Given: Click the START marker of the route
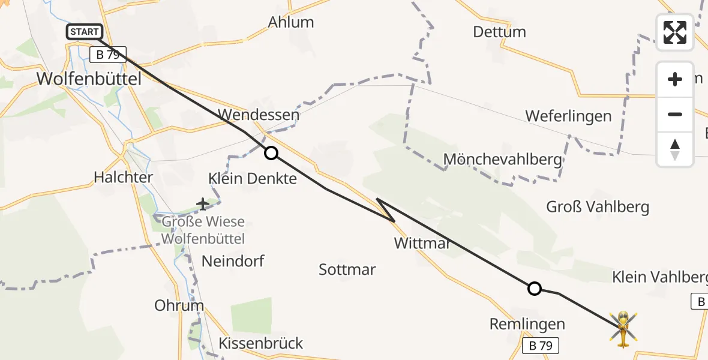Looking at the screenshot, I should point(85,32).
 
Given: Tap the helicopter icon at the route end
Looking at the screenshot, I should point(623,329).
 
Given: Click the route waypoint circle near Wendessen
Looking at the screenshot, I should point(271,153).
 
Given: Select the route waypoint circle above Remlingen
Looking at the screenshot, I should point(534,289).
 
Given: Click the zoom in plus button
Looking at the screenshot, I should point(675,80).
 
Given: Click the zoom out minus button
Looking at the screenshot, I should point(675,114).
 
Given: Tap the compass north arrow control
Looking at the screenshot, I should point(675,149).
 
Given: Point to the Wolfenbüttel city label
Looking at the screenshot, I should point(89,79).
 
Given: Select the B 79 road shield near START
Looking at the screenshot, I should point(108,55).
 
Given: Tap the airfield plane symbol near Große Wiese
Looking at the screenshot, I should point(203,205).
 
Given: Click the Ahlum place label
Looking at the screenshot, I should point(291,22).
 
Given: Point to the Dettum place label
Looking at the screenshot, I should point(499,32).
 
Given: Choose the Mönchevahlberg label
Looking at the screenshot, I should point(502,160).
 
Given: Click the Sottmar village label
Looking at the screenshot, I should point(347,269).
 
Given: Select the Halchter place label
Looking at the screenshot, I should point(123,177).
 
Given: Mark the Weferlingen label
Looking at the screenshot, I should point(568,116).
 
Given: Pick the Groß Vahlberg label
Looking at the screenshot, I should point(598,207).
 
